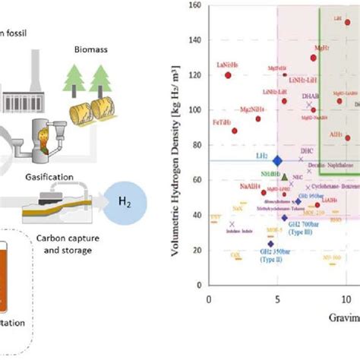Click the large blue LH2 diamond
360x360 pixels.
point(277,160)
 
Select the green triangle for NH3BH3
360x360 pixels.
point(284,177)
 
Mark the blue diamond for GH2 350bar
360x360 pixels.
point(270,244)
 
